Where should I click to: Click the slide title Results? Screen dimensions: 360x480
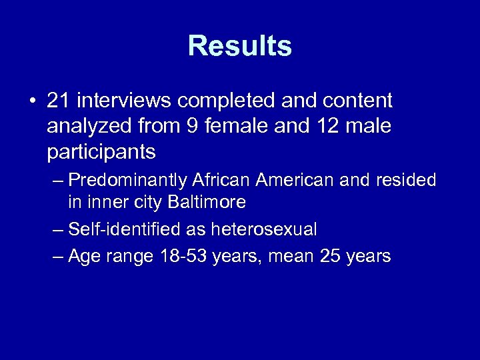(x=240, y=46)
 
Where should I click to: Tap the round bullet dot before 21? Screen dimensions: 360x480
(x=32, y=101)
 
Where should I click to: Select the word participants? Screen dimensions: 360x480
(x=101, y=152)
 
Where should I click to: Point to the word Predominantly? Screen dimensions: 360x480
(x=127, y=181)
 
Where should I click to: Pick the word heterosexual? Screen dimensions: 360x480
(x=263, y=230)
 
